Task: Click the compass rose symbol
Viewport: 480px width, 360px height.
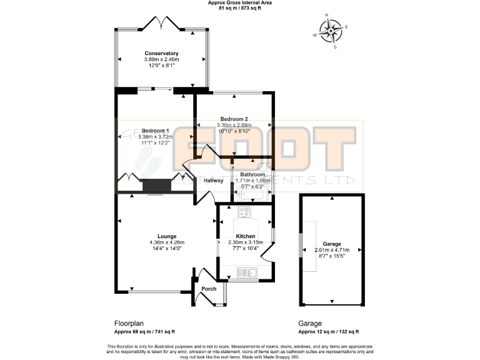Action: pos(331,29)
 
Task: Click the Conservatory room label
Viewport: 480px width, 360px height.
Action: pos(161,54)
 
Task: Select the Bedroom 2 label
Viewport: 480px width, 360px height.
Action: pos(233,119)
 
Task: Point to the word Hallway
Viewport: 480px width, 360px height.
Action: pos(214,181)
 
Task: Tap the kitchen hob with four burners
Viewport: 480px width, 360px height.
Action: pos(244,212)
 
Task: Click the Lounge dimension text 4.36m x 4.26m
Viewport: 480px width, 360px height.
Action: pos(167,242)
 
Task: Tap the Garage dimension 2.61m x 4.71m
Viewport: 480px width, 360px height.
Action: pos(331,250)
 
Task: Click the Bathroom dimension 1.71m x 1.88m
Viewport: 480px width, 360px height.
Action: pos(250,181)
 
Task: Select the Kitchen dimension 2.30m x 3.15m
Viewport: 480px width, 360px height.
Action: pos(245,242)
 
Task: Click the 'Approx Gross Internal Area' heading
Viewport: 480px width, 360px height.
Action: pos(239,3)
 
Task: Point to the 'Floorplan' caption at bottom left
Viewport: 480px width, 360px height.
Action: pos(128,323)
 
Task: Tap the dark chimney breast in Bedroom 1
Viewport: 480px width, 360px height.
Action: pos(156,186)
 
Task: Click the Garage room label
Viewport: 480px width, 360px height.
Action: pos(331,244)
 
